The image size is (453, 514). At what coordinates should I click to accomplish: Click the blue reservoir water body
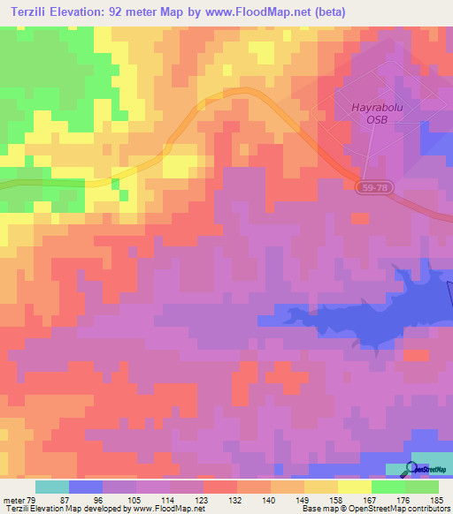(x=354, y=317)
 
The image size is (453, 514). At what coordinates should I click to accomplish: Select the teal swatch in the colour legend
(x=52, y=487)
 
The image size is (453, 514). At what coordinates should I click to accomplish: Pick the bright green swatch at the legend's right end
(x=422, y=487)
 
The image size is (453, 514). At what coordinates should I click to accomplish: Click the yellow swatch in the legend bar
(x=355, y=487)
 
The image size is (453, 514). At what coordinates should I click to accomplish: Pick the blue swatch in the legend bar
(x=86, y=487)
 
